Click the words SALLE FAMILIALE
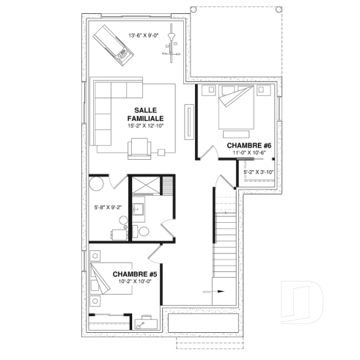(144, 113)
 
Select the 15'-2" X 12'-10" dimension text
(144, 125)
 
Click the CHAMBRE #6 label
(249, 146)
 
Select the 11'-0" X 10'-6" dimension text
(249, 155)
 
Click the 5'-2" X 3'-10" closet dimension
(259, 172)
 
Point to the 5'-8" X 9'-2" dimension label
(109, 207)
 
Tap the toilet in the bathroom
(144, 231)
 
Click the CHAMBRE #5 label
(134, 274)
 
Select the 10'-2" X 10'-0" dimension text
(134, 283)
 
